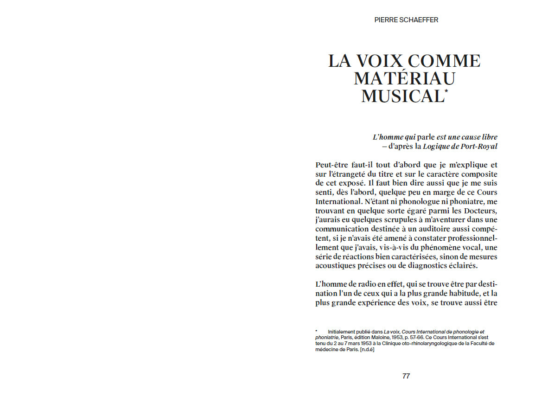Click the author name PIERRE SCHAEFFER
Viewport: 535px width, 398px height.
point(406,20)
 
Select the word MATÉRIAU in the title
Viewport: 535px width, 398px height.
point(404,78)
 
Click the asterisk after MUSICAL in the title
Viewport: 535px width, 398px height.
point(446,91)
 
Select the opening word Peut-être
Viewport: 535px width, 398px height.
point(332,165)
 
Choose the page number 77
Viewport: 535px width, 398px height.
point(406,376)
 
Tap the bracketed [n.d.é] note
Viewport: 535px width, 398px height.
point(366,349)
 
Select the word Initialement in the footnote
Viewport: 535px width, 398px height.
point(342,332)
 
